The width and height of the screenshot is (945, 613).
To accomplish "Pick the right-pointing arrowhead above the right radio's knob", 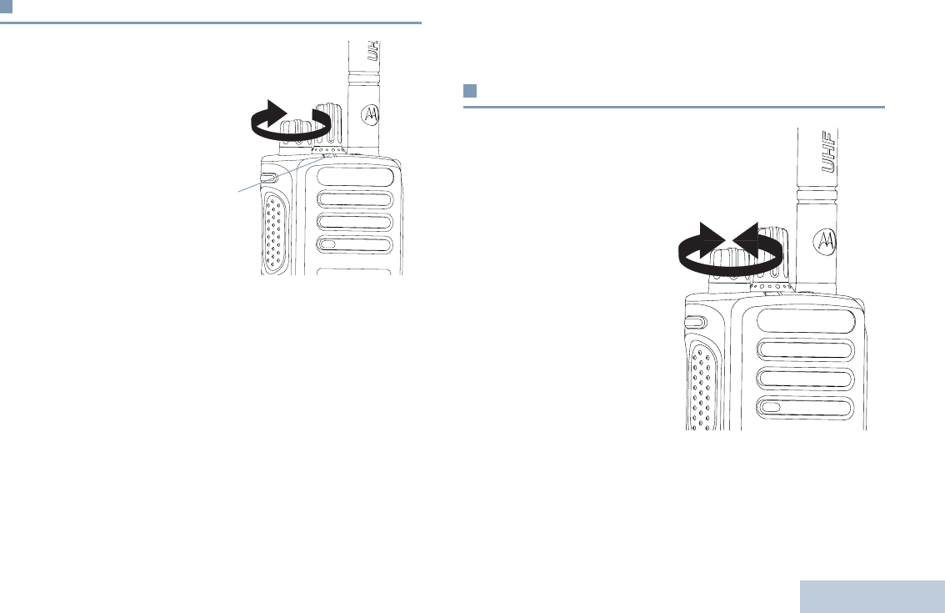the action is (x=712, y=239).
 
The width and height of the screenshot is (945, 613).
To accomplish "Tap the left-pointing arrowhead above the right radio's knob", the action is (x=746, y=239).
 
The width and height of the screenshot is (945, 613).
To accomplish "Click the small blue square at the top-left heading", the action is (x=6, y=8).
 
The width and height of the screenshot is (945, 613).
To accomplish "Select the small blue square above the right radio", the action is (x=469, y=90).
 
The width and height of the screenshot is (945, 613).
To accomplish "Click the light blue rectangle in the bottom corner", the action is (x=872, y=596).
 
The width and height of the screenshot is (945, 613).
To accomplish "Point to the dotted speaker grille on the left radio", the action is (x=272, y=230).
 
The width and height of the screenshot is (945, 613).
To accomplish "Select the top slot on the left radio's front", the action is (x=354, y=178).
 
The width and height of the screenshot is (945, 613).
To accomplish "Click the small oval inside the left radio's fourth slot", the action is (x=328, y=245).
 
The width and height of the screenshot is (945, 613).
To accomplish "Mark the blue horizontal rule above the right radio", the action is (x=673, y=107).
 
